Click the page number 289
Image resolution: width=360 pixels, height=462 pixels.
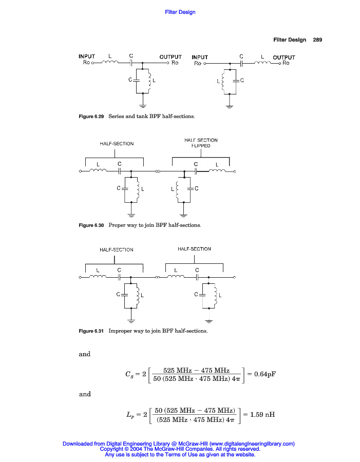[x=317, y=40]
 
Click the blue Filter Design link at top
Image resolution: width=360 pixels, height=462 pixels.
[x=180, y=12]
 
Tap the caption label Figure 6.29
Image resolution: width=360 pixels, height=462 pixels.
[x=91, y=117]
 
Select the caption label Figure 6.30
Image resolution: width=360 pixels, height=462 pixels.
[x=91, y=225]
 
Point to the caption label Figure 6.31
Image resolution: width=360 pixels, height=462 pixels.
[x=91, y=331]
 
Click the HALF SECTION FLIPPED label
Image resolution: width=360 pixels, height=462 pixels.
[x=201, y=143]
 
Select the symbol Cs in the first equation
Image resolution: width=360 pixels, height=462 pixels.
[x=130, y=375]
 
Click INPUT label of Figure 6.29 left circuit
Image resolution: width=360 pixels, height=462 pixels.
[x=87, y=56]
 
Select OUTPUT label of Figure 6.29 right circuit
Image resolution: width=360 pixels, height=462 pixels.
[x=284, y=57]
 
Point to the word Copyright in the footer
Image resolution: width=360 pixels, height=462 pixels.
[x=111, y=449]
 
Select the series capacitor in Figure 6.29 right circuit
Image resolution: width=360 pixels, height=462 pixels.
[x=241, y=63]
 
